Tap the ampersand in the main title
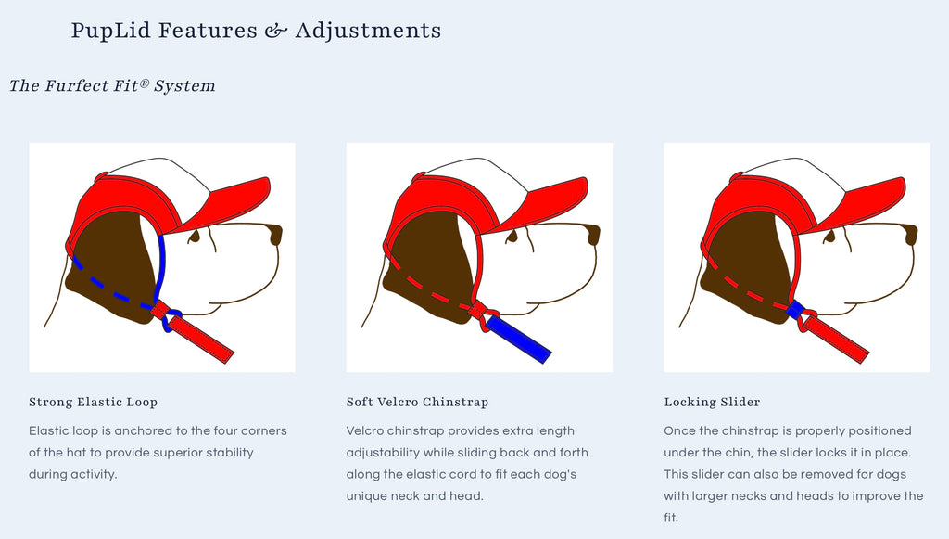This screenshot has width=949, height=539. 275,31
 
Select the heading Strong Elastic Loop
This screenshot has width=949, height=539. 94,402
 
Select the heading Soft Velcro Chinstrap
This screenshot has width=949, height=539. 417,402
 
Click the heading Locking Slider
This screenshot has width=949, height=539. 712,402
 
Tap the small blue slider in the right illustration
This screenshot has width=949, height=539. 794,310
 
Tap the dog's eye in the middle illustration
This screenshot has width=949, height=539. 512,237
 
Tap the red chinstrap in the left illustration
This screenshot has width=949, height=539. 201,340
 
